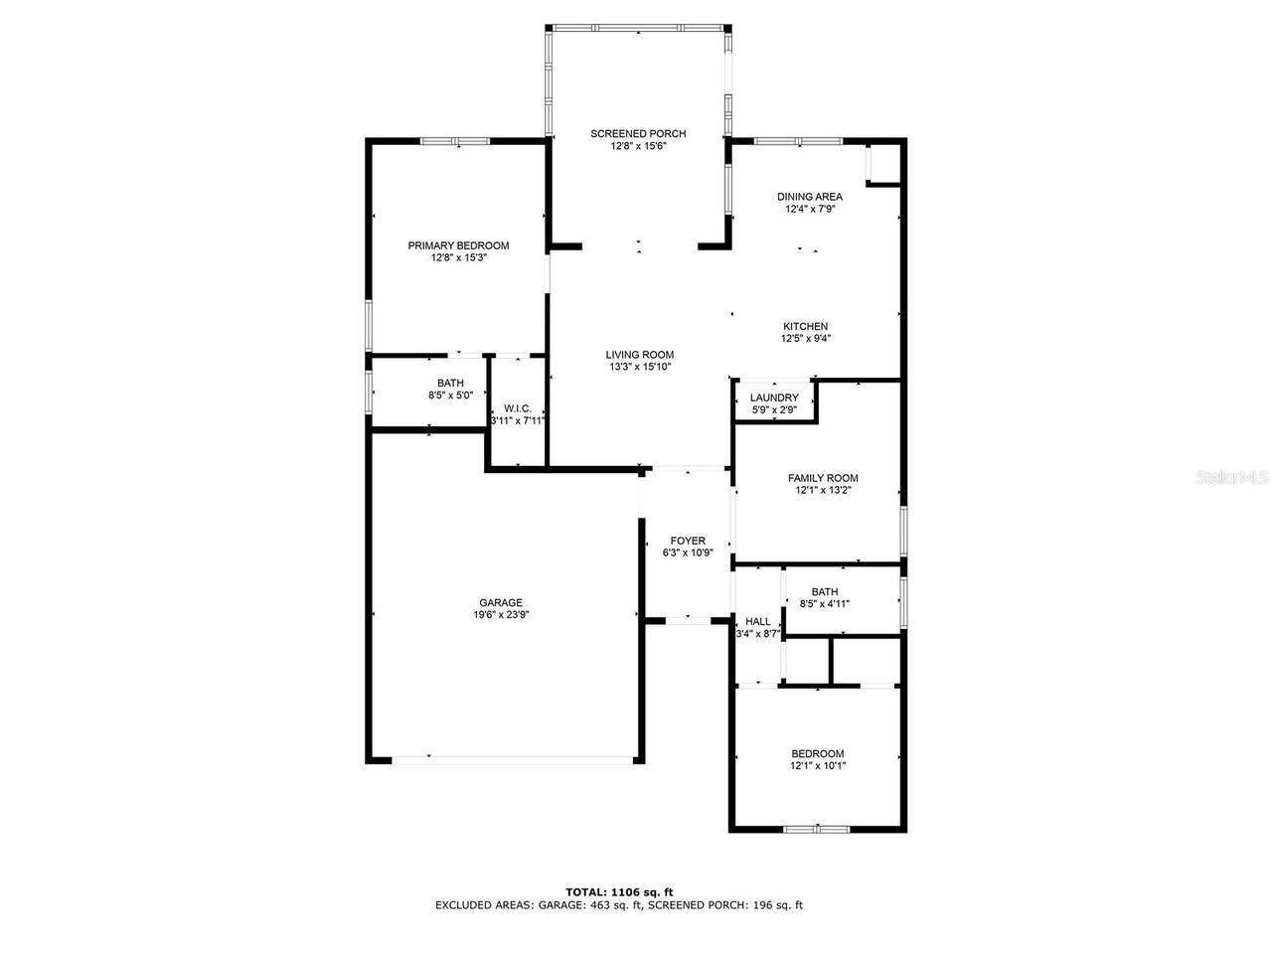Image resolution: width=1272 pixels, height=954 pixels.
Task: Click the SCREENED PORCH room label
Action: tap(638, 134)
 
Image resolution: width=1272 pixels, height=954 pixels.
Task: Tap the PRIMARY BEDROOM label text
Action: tap(458, 245)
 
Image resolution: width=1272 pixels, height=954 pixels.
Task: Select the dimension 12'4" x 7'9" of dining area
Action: tap(809, 209)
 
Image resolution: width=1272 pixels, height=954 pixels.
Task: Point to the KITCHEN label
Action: tap(805, 326)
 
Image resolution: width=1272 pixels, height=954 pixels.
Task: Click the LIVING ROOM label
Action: tap(640, 355)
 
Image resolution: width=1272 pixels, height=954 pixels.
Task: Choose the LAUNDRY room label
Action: tap(774, 397)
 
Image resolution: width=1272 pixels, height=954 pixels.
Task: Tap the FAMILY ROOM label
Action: tap(823, 478)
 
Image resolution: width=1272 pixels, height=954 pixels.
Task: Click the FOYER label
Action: tap(688, 541)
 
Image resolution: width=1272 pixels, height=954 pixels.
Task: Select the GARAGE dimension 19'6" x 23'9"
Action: tap(501, 615)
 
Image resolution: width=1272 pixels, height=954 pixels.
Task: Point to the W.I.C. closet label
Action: tap(518, 408)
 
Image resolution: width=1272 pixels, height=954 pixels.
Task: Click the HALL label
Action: tap(757, 622)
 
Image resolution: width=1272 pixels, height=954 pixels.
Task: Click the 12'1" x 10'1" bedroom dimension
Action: tap(818, 766)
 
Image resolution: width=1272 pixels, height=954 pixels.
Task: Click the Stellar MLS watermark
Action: tap(1232, 478)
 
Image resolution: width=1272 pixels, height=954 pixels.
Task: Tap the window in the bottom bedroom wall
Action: tap(817, 829)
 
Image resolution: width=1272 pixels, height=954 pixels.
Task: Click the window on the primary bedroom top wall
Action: tap(455, 141)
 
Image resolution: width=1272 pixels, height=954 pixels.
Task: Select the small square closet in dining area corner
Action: tap(884, 163)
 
